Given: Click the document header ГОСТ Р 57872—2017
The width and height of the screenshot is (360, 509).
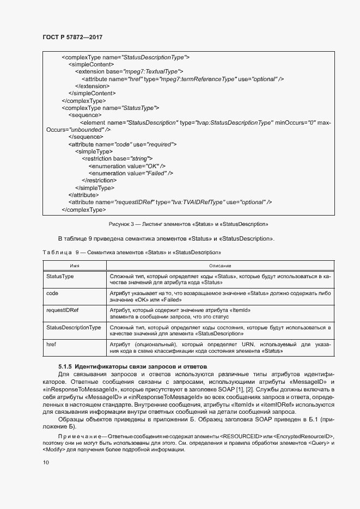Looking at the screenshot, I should click(72, 38).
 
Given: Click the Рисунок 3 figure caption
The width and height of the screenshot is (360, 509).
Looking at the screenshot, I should click(187, 224).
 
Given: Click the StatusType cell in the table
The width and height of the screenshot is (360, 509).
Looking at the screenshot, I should click(60, 277).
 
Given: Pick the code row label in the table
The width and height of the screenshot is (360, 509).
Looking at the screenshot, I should click(53, 293).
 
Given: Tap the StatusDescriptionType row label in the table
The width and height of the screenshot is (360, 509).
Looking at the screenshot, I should click(74, 328).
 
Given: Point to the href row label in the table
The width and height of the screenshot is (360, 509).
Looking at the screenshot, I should click(52, 345).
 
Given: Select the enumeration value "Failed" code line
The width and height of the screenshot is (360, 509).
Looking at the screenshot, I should click(131, 173).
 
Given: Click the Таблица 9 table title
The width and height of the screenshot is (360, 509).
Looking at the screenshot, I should click(131, 253).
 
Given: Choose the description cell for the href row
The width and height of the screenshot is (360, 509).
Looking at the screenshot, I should click(220, 348).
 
